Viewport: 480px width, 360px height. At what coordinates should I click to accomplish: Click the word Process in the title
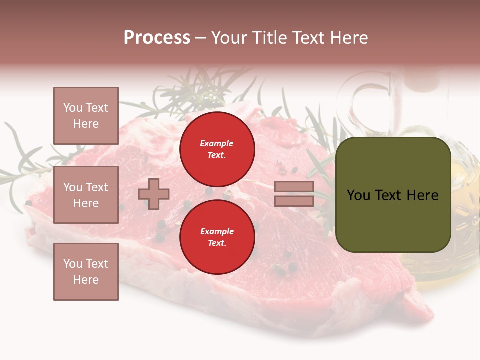coord(157,38)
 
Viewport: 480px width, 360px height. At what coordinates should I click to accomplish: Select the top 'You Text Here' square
coord(86,116)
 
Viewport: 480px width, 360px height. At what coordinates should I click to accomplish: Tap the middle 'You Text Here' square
coord(86,195)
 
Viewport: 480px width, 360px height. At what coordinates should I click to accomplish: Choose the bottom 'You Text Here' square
coord(86,271)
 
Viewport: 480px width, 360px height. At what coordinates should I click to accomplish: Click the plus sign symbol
coord(154,194)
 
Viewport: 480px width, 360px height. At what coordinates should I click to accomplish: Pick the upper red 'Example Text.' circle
coord(217,149)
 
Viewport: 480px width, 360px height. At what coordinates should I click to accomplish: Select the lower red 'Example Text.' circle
coord(217,237)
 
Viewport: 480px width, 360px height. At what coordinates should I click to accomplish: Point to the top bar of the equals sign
coord(294,187)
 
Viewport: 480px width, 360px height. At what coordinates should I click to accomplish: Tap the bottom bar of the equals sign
coord(294,201)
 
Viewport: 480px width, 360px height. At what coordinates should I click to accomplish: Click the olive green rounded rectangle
coord(393,220)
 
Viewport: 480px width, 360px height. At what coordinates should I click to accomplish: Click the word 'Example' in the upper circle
coord(217,144)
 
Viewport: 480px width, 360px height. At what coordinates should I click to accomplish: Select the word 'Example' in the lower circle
coord(217,232)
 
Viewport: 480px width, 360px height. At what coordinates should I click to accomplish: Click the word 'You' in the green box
coord(358,195)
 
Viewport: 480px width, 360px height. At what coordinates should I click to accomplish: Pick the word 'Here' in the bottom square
coord(86,280)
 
